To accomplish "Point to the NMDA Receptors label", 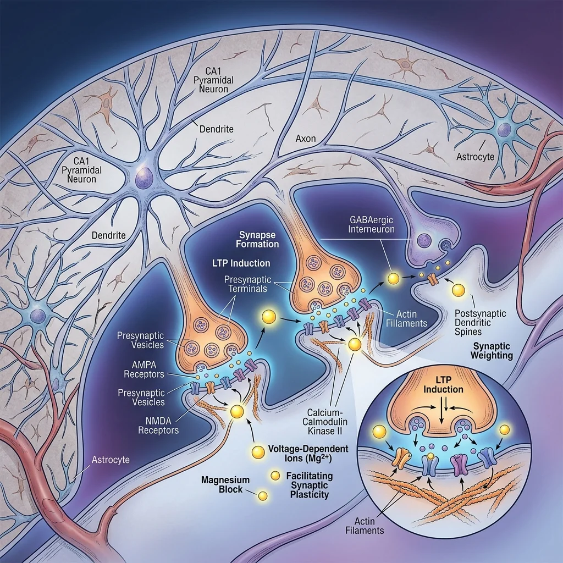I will click(x=158, y=424).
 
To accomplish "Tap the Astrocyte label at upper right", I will click(x=475, y=157).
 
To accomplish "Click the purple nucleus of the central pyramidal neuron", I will click(x=145, y=178).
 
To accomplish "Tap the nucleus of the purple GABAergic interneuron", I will click(x=423, y=240).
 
